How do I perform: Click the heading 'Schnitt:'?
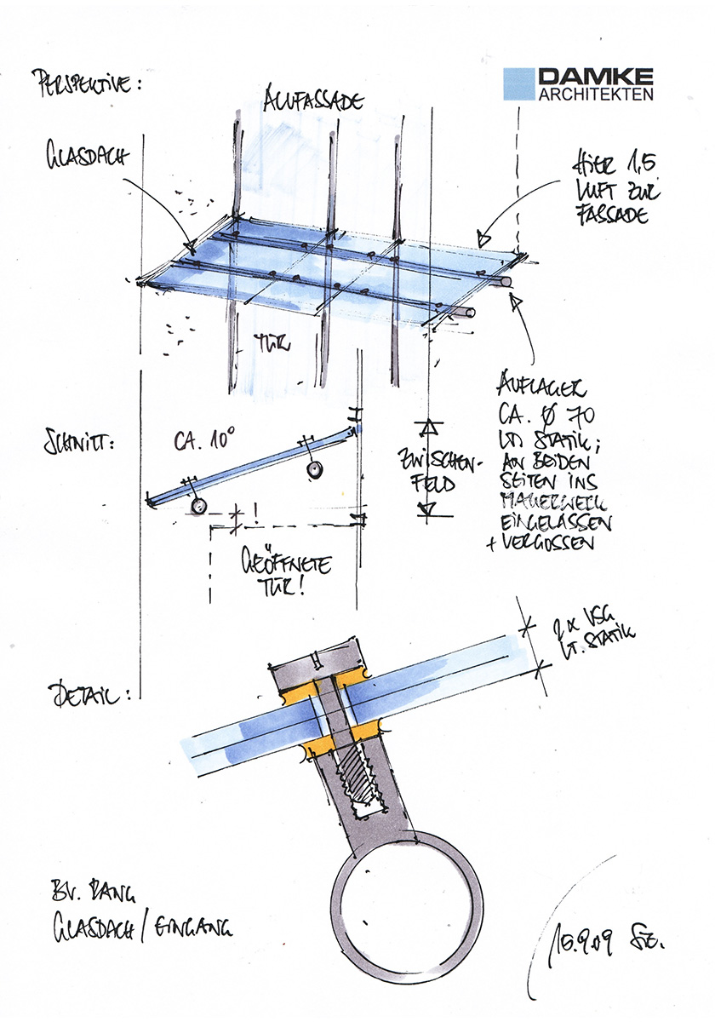click(x=72, y=445)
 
